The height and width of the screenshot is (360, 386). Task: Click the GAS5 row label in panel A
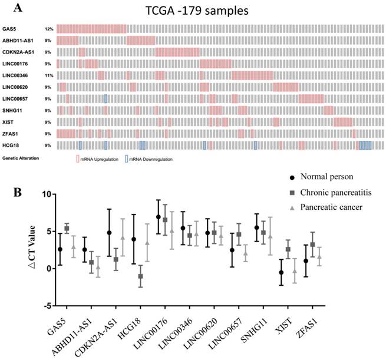click(9, 28)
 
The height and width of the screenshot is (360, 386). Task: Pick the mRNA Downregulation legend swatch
click(127, 158)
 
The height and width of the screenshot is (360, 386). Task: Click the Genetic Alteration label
click(21, 158)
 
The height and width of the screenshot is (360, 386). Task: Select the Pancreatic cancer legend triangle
click(292, 207)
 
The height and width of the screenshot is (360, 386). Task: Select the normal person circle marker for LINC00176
click(159, 217)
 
